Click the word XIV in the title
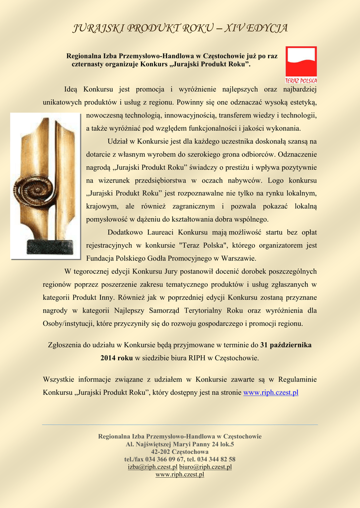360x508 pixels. point(233,28)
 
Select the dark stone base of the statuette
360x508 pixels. point(50,247)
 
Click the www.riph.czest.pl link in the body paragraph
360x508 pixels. point(271,392)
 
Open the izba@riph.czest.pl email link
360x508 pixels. point(152,467)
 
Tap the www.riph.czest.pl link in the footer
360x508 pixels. point(180,475)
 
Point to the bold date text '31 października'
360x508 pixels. point(287,345)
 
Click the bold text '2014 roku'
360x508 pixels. point(117,358)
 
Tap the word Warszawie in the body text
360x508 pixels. point(240,258)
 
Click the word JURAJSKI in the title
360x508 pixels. point(94,28)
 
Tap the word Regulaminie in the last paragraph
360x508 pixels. point(298,380)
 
